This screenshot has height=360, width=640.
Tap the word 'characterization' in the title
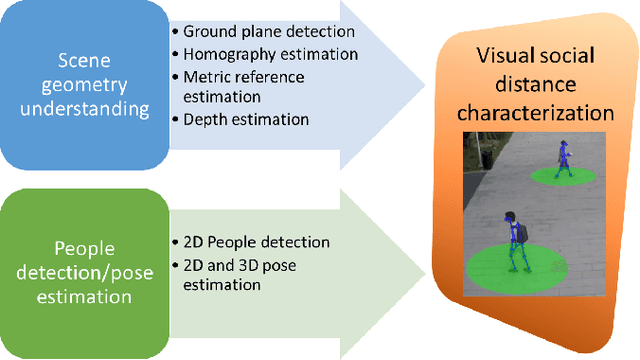coord(537,113)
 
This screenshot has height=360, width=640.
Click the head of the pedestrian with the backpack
coord(511,217)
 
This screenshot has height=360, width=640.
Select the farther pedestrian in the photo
coord(563,159)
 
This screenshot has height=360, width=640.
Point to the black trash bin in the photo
coord(486,155)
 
